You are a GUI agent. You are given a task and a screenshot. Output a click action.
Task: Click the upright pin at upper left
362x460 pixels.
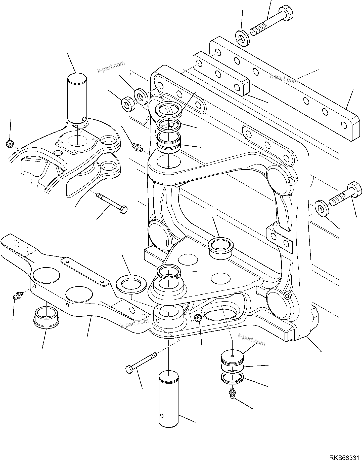pyautogui.click(x=77, y=98)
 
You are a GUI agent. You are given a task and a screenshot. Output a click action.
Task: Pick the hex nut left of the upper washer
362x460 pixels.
pyautogui.click(x=128, y=103)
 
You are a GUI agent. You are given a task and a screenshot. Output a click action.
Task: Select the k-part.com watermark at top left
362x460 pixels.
pyautogui.click(x=111, y=67)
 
